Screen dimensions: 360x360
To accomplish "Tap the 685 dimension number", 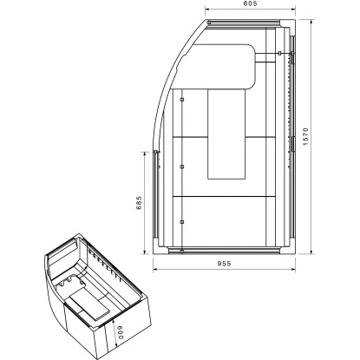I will tap(138, 202).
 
